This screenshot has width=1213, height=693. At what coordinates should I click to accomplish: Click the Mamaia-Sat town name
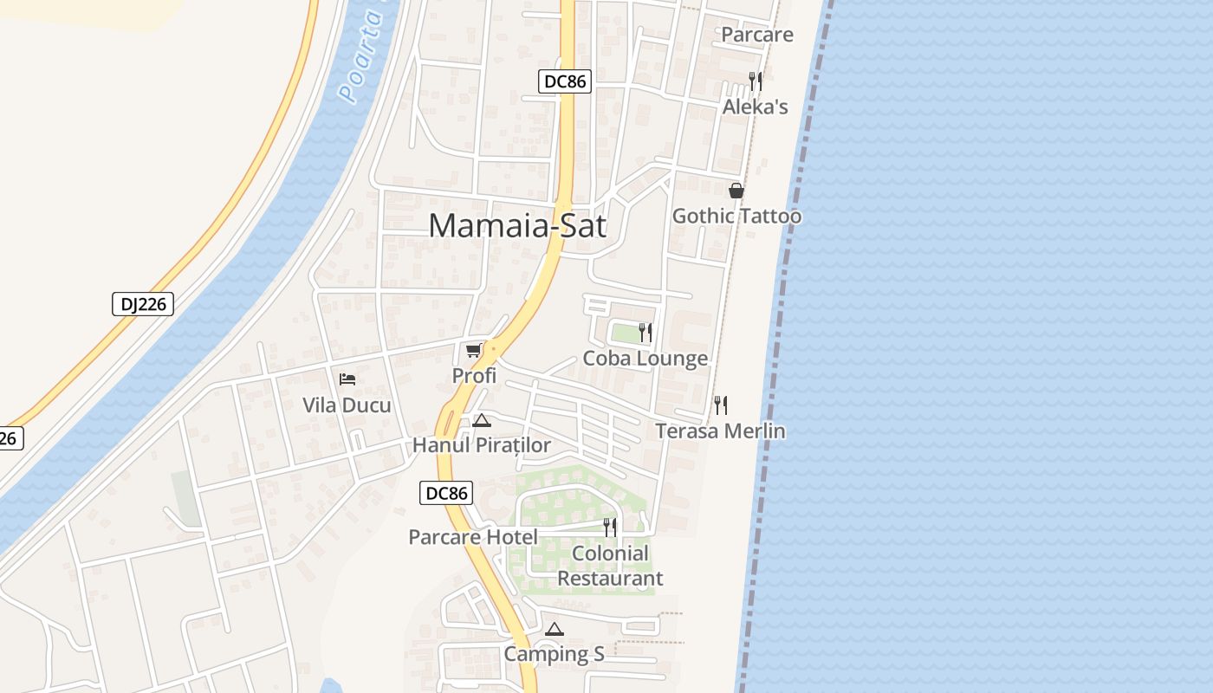pyautogui.click(x=517, y=226)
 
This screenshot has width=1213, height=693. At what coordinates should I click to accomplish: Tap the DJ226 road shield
pyautogui.click(x=143, y=304)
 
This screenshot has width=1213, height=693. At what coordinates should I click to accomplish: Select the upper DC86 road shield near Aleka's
pyautogui.click(x=564, y=81)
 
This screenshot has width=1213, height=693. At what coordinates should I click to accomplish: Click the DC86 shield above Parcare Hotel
pyautogui.click(x=447, y=494)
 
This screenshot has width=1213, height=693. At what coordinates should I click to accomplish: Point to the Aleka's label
pyautogui.click(x=756, y=107)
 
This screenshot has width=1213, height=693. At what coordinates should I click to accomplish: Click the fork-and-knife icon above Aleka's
pyautogui.click(x=756, y=81)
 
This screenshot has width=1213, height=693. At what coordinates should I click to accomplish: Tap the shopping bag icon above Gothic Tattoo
pyautogui.click(x=736, y=191)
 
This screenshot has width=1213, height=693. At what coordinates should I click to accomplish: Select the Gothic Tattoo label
pyautogui.click(x=736, y=216)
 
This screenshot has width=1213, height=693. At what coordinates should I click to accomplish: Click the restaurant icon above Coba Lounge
pyautogui.click(x=645, y=333)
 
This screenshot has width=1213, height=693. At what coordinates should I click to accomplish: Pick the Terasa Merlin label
pyautogui.click(x=720, y=431)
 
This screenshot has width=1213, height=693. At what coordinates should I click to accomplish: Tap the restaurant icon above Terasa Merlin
pyautogui.click(x=720, y=405)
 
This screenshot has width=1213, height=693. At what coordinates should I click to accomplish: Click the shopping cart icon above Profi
pyautogui.click(x=473, y=350)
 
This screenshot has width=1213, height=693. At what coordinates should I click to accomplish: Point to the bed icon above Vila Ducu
pyautogui.click(x=347, y=379)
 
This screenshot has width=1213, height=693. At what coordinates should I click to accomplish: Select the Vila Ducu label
pyautogui.click(x=347, y=405)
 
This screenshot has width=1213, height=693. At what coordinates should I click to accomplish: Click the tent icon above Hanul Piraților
pyautogui.click(x=482, y=421)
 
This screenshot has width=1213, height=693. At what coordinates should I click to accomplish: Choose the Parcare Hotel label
pyautogui.click(x=473, y=537)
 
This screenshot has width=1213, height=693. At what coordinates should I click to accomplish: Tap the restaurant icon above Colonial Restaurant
pyautogui.click(x=610, y=527)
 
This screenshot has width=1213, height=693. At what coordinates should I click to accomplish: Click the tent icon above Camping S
pyautogui.click(x=555, y=629)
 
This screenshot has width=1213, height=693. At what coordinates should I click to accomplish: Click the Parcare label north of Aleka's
pyautogui.click(x=756, y=35)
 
